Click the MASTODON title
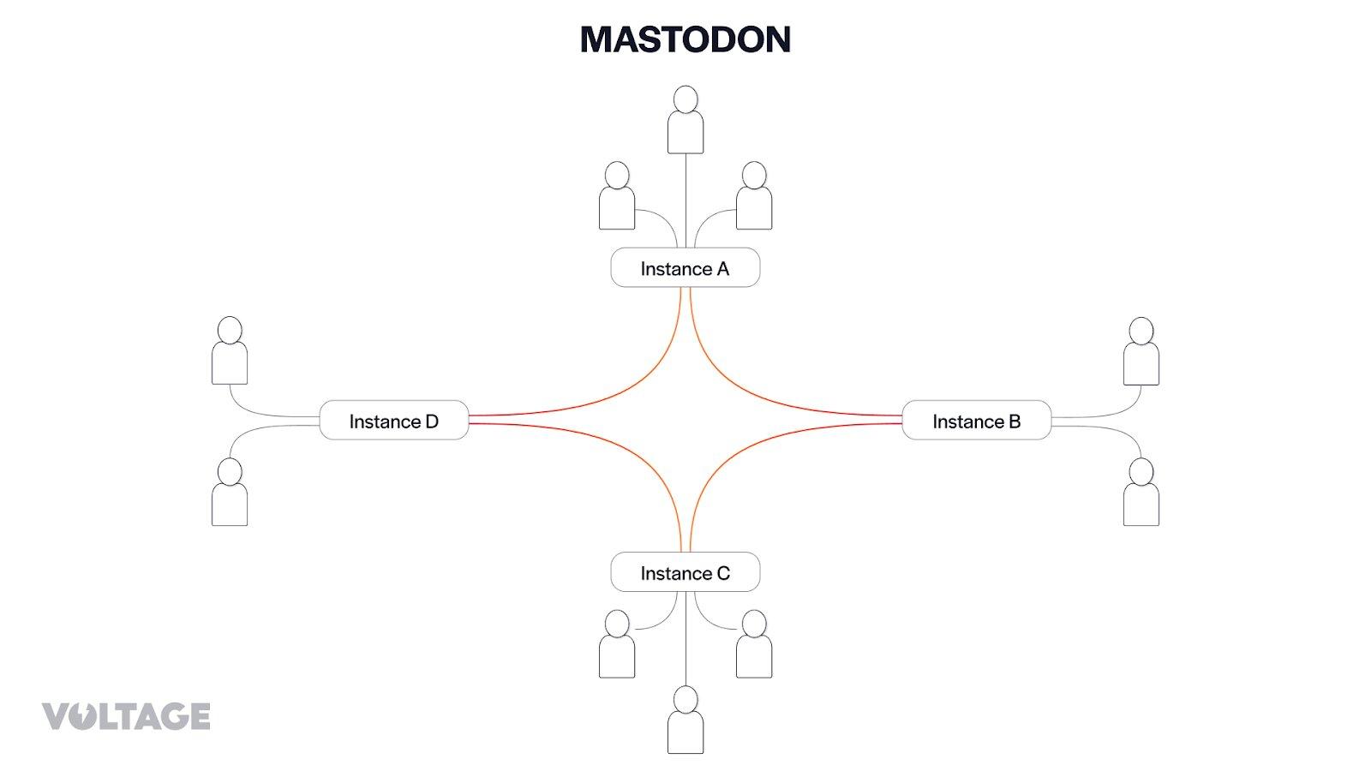coord(685,39)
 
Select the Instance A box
coord(685,268)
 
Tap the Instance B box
coord(976,421)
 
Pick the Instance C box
coord(685,572)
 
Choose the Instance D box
coord(393,421)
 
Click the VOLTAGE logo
coord(126,716)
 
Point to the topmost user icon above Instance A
coord(685,120)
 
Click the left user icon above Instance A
coord(617,196)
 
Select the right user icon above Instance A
coord(754,196)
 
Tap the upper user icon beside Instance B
coord(1141,351)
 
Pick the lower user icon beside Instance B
coord(1141,493)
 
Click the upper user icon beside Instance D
coord(230,351)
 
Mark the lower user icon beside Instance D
coord(230,493)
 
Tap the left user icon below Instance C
coord(617,644)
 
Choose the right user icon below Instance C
coord(754,644)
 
